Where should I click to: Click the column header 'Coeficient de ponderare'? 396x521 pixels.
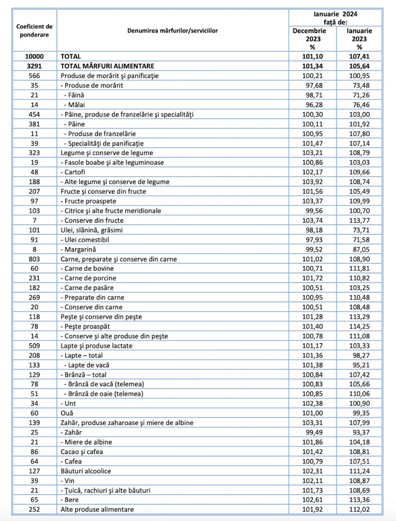[x=34, y=31]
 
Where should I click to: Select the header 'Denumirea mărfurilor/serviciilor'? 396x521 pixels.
[x=172, y=31]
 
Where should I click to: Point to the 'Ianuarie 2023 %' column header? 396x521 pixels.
[x=359, y=39]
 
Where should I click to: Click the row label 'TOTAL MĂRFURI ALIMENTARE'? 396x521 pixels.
[x=107, y=66]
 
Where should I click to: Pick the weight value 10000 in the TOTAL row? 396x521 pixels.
[x=34, y=56]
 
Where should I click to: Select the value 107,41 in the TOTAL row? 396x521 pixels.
[x=359, y=56]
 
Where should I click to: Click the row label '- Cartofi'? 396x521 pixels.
[x=74, y=172]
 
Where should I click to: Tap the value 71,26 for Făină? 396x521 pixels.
[x=359, y=95]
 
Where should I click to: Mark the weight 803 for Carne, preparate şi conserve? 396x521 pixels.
[x=34, y=259]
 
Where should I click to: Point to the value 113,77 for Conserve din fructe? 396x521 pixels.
[x=359, y=220]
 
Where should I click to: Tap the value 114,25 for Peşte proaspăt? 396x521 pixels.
[x=359, y=326]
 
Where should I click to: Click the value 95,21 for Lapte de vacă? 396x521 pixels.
[x=359, y=365]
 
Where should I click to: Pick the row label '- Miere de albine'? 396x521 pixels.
[x=86, y=442]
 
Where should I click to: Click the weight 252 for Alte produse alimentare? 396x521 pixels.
[x=34, y=510]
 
